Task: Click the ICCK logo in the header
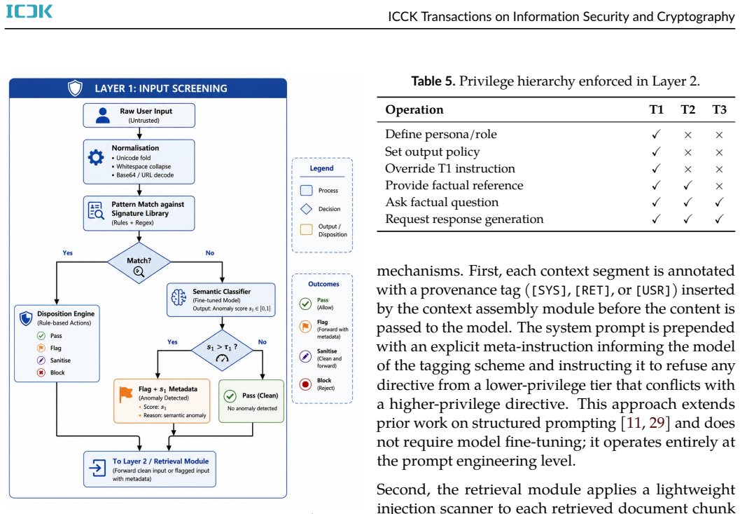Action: tap(29, 11)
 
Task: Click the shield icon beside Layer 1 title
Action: tap(75, 88)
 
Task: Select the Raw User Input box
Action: tap(139, 116)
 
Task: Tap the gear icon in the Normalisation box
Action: tap(96, 157)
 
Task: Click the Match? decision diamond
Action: tap(139, 264)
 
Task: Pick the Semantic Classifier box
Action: tap(221, 300)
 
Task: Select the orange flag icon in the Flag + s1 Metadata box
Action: tap(126, 394)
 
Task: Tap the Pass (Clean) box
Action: tap(251, 401)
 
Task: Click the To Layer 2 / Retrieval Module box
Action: tap(150, 469)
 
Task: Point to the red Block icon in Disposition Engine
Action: tap(41, 372)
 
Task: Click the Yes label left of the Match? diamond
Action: tap(67, 253)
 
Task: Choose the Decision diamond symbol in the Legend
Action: tap(306, 208)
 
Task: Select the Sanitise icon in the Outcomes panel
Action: tap(305, 356)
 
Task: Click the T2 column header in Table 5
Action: tap(688, 109)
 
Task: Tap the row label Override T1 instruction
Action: tap(449, 168)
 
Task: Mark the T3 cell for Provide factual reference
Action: tap(719, 186)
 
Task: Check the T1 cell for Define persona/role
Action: tap(656, 135)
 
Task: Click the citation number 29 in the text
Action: tap(657, 423)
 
